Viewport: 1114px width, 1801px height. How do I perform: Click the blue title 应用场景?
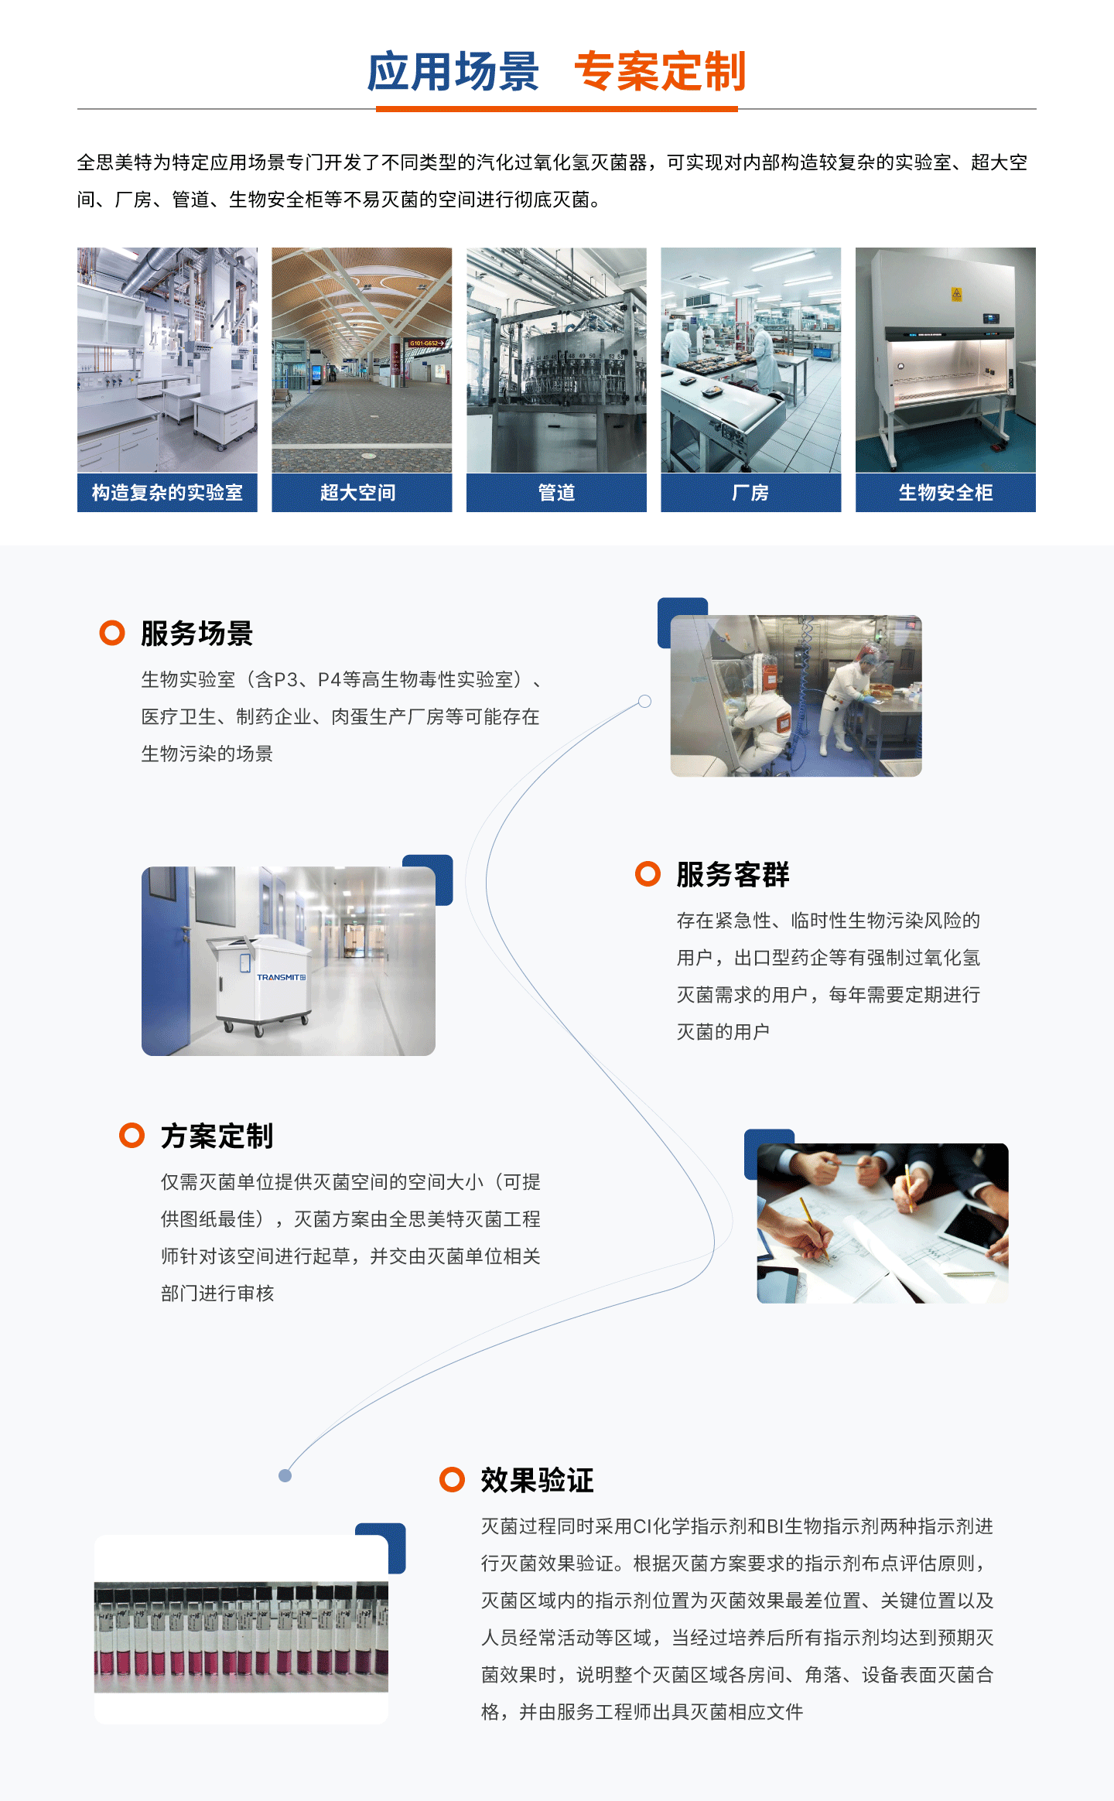coord(453,72)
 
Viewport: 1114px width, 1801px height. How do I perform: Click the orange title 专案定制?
coord(660,72)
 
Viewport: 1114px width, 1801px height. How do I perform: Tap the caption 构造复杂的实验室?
coord(167,493)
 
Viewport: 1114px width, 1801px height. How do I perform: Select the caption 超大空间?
coord(358,493)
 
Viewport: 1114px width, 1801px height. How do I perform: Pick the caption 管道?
coord(556,493)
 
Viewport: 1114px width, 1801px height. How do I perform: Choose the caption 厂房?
coord(750,493)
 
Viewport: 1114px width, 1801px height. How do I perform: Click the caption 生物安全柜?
coord(945,493)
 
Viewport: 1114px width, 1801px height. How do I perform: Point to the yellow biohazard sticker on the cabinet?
coord(956,294)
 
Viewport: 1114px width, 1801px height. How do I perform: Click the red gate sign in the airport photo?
coord(426,343)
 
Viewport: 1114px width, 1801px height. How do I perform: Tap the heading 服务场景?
coord(196,634)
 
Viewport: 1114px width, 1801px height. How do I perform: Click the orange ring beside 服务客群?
coord(648,874)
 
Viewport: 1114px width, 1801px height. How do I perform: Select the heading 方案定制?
coord(217,1136)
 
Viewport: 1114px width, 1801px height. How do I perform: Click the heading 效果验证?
coord(537,1481)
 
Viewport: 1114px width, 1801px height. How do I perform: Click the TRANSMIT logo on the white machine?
coord(281,977)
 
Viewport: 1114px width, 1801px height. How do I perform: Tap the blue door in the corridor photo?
coord(166,959)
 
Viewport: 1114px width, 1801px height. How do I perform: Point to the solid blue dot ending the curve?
coord(285,1476)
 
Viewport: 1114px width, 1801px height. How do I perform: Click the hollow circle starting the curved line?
coord(644,701)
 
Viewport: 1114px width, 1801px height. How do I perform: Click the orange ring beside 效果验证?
coord(452,1480)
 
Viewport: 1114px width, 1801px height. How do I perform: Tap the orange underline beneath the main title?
coord(557,109)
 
